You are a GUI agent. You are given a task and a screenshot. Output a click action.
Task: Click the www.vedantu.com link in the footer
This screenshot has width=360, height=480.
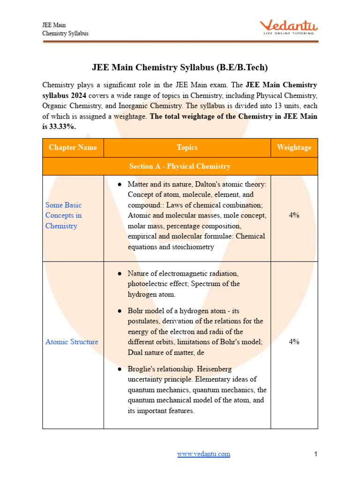(x=203, y=454)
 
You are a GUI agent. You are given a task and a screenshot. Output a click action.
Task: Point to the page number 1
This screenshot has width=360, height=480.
(x=316, y=454)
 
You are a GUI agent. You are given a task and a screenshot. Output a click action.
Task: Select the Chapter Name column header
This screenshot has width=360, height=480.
(x=73, y=147)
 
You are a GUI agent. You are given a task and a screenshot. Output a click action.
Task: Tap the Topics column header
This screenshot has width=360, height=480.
(x=187, y=147)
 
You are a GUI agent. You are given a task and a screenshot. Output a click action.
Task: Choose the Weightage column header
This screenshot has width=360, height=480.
(x=294, y=147)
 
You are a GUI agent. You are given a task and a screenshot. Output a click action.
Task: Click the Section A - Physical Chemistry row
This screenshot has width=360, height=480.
(x=180, y=166)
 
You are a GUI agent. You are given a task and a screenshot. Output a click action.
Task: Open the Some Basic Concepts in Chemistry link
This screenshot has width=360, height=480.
(x=63, y=216)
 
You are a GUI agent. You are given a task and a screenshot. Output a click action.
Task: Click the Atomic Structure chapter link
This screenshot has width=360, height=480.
(x=72, y=342)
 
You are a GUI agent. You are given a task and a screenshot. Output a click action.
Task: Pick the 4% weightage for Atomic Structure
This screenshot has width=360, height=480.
(x=294, y=342)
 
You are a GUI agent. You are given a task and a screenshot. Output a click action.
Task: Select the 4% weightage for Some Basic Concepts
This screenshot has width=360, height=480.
(x=294, y=216)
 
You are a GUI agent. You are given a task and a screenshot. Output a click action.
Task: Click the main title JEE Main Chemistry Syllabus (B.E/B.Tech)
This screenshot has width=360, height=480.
(x=180, y=67)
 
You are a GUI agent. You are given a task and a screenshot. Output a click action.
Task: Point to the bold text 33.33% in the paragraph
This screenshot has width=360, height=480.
(x=62, y=126)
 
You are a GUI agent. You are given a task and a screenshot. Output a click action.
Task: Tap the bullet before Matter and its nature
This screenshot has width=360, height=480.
(x=120, y=185)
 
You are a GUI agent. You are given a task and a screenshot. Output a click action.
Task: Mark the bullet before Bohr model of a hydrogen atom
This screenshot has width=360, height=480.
(x=120, y=311)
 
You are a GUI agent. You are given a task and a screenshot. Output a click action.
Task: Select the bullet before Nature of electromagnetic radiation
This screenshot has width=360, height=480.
(x=120, y=273)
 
